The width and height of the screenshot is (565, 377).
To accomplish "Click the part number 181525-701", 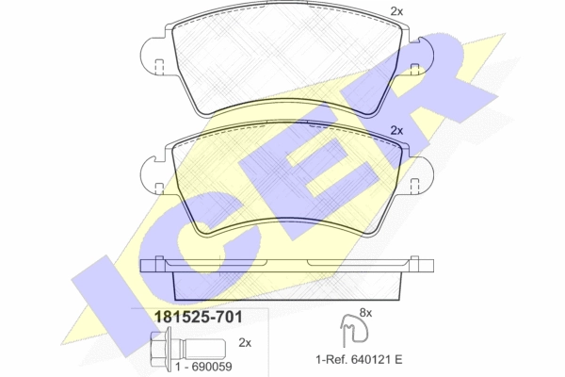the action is pos(198,317).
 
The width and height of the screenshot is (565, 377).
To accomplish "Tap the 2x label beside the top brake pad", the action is pos(396,11).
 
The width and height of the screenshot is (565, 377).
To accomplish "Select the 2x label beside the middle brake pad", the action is pos(396,131).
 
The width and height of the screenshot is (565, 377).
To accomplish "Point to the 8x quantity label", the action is pos(365,313).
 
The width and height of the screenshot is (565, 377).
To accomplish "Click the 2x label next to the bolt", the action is pos(245,343).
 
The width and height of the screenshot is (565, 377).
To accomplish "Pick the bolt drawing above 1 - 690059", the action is pos(187,347).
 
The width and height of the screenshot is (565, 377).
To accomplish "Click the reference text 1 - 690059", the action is pos(203,367).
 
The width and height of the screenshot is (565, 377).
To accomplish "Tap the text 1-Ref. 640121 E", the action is pos(359,359).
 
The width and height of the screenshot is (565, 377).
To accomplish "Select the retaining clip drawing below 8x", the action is pos(355,329).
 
